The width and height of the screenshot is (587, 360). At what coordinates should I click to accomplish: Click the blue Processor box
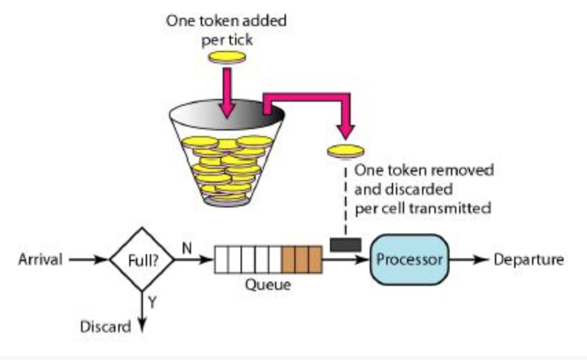[410, 260]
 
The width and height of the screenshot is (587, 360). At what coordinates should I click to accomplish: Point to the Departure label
[529, 260]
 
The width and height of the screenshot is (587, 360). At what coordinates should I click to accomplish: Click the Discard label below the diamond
[105, 326]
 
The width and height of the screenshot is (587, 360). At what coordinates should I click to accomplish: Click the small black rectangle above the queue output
[342, 245]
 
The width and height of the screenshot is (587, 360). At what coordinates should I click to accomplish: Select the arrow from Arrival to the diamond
[88, 260]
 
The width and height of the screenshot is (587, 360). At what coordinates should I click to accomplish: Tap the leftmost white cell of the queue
[221, 260]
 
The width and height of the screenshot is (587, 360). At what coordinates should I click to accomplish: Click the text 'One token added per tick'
[226, 30]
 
